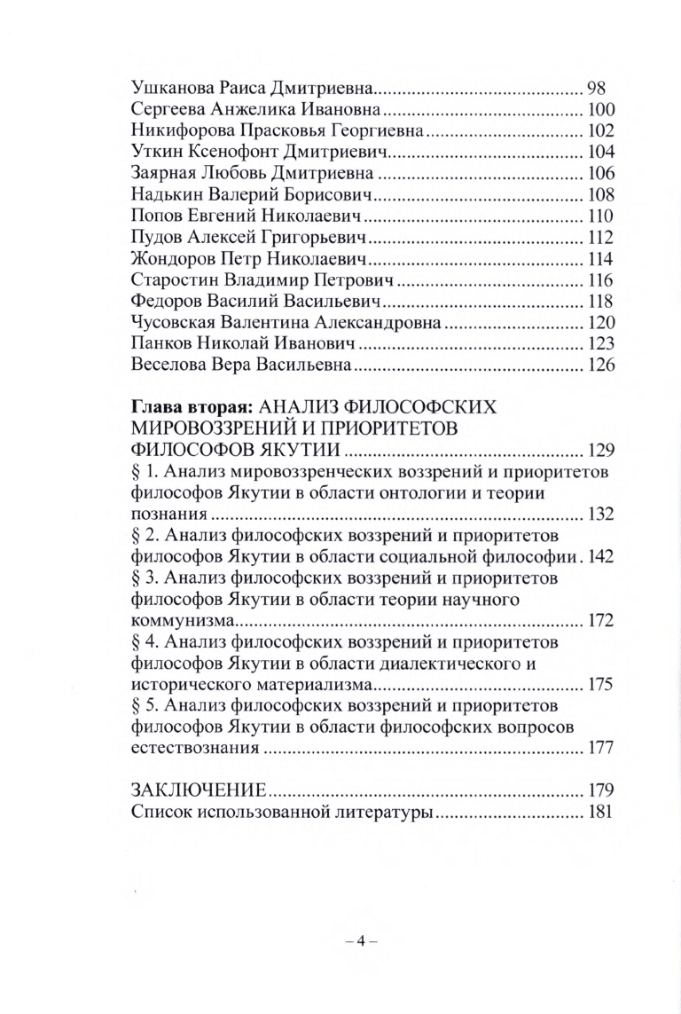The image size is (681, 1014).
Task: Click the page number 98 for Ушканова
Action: (x=596, y=88)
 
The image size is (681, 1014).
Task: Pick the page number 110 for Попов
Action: (x=601, y=215)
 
